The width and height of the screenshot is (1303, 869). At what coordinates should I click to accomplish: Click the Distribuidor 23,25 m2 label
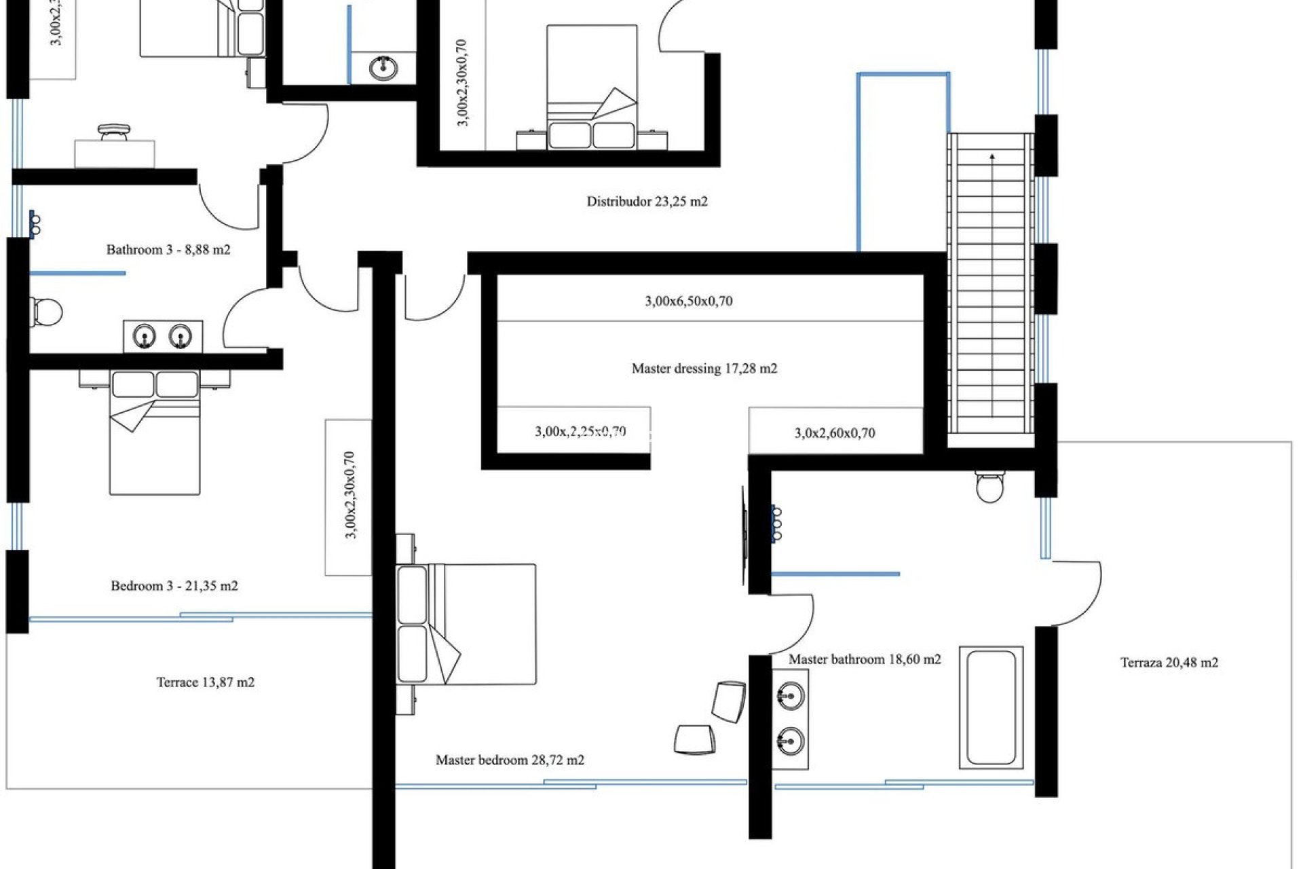[x=647, y=202]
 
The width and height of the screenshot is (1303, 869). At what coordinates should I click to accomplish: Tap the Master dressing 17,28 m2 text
[x=704, y=369]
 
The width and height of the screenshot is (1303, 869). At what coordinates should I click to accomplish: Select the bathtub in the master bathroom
[x=991, y=707]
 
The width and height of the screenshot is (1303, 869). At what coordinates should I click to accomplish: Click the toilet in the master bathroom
[x=989, y=486]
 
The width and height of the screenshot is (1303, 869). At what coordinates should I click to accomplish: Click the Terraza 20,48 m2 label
[x=1169, y=663]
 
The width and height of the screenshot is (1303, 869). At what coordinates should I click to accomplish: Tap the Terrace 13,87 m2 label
[x=205, y=682]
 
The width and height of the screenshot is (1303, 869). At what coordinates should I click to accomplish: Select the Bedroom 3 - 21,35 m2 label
[x=174, y=586]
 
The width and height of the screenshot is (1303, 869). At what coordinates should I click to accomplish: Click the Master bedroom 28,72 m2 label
[x=510, y=760]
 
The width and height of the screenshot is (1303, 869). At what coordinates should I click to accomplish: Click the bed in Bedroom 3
[x=155, y=434]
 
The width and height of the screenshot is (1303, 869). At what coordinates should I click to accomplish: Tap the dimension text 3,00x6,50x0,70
[x=688, y=301]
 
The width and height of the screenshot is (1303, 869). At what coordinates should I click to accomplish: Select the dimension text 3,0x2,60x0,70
[x=834, y=433]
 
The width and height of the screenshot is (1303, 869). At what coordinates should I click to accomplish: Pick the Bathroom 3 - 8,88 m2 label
[x=168, y=250]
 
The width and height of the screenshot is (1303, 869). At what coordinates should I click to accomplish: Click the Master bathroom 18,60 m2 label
[x=864, y=659]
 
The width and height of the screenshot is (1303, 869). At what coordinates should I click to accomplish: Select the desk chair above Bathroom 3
[x=113, y=132]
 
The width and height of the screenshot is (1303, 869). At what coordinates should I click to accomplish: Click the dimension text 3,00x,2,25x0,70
[x=580, y=432]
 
